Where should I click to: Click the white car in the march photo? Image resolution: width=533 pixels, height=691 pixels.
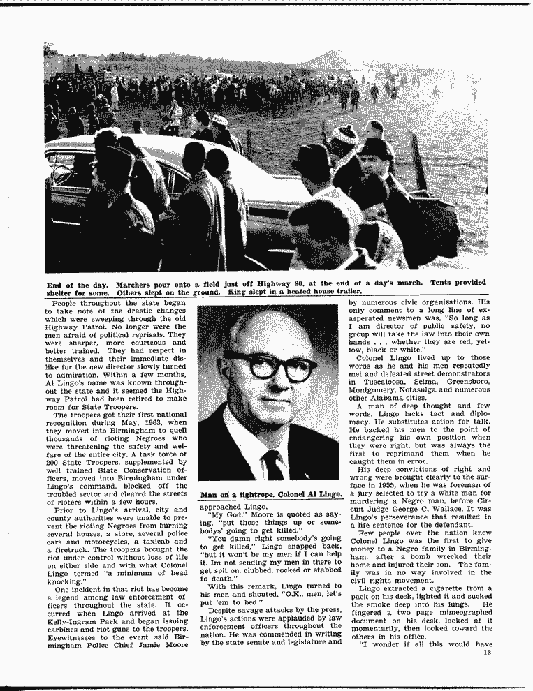[161, 174]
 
